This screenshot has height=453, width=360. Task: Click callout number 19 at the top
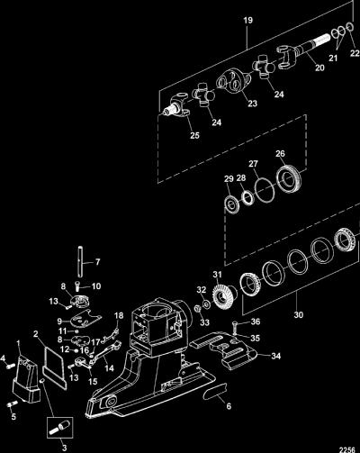click(x=247, y=21)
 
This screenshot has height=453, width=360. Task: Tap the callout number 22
click(x=355, y=53)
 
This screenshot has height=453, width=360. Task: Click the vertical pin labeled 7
click(x=81, y=262)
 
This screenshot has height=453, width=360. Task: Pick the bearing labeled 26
click(x=289, y=179)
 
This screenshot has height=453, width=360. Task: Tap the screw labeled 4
click(x=11, y=367)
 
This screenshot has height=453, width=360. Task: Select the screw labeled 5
click(x=12, y=404)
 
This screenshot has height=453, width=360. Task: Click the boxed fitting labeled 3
click(x=60, y=427)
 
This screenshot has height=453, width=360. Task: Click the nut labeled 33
click(x=197, y=308)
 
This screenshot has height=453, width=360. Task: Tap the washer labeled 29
click(x=232, y=205)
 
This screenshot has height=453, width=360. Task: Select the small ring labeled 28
click(x=247, y=198)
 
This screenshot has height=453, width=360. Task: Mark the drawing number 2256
click(x=346, y=449)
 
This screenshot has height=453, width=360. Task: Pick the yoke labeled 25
click(x=175, y=105)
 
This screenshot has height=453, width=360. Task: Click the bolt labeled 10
click(x=77, y=285)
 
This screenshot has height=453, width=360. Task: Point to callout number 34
click(x=276, y=356)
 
